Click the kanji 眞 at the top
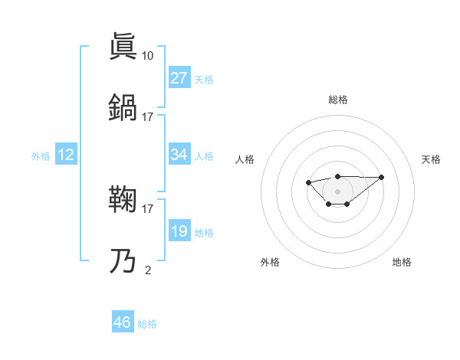(123, 47)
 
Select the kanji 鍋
(123, 107)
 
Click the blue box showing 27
(179, 78)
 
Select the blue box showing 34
(179, 155)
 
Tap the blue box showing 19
(179, 231)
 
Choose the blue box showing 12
(66, 155)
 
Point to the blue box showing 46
(123, 322)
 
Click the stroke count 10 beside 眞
(147, 56)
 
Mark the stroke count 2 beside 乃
(147, 270)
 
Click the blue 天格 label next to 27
(204, 79)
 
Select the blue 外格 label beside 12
(41, 155)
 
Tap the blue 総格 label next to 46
(147, 323)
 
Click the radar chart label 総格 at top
(337, 100)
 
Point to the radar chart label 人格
(245, 159)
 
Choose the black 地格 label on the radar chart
(402, 262)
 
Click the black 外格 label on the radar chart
(270, 262)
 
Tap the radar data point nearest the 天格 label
(382, 177)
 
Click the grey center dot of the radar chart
(337, 191)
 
